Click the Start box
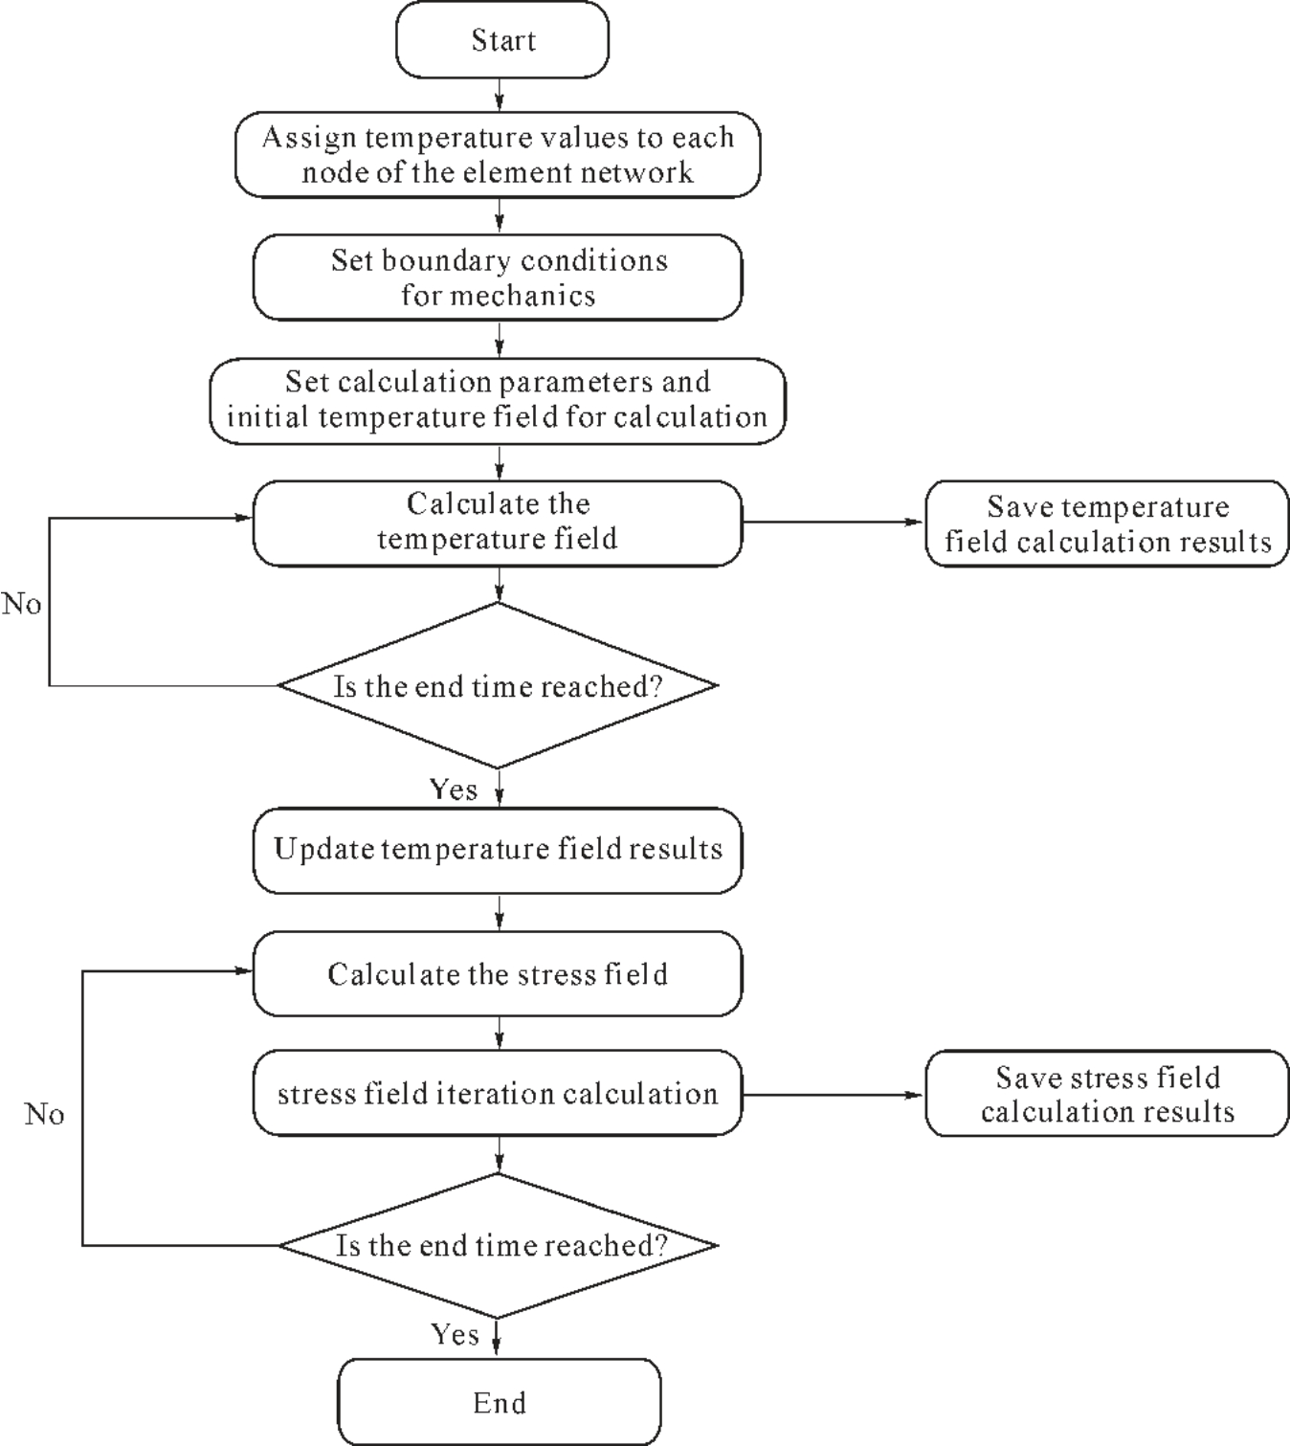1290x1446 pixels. tap(501, 39)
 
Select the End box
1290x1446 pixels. tap(499, 1403)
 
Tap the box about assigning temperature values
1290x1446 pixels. tap(498, 154)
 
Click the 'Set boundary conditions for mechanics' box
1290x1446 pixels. tap(498, 278)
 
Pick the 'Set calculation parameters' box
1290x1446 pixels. tap(498, 401)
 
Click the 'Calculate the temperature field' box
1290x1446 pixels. tap(498, 523)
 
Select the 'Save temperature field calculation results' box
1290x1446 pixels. tap(1107, 523)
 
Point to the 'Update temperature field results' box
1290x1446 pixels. tap(498, 850)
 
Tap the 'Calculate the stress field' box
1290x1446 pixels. tap(498, 973)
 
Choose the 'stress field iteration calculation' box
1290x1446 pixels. tap(498, 1093)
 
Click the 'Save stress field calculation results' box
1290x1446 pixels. tap(1107, 1093)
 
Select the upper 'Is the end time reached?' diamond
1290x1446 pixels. tap(498, 685)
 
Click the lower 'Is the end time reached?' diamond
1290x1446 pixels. tap(498, 1245)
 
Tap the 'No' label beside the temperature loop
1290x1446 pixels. tap(21, 604)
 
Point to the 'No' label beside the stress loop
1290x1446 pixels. tap(44, 1114)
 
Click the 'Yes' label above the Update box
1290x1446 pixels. tap(454, 790)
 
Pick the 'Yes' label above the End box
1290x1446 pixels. tap(454, 1334)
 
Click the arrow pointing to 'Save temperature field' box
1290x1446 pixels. tap(834, 522)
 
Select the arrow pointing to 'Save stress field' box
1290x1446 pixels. tap(834, 1095)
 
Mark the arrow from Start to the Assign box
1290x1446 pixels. tap(499, 94)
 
